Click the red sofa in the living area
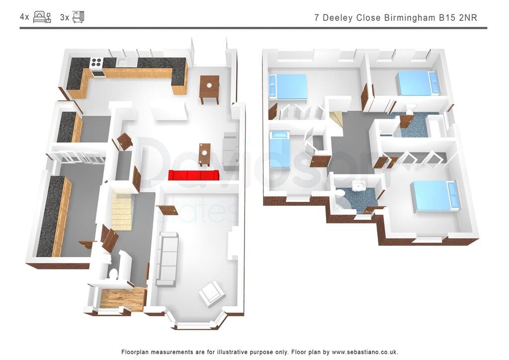(194, 175)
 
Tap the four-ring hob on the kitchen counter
(96, 63)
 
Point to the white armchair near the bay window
(212, 292)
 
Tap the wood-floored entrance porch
(123, 298)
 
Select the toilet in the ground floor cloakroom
(113, 273)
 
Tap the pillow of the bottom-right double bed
(452, 194)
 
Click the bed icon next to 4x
(42, 17)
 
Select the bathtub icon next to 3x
(78, 17)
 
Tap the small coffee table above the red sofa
(204, 153)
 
